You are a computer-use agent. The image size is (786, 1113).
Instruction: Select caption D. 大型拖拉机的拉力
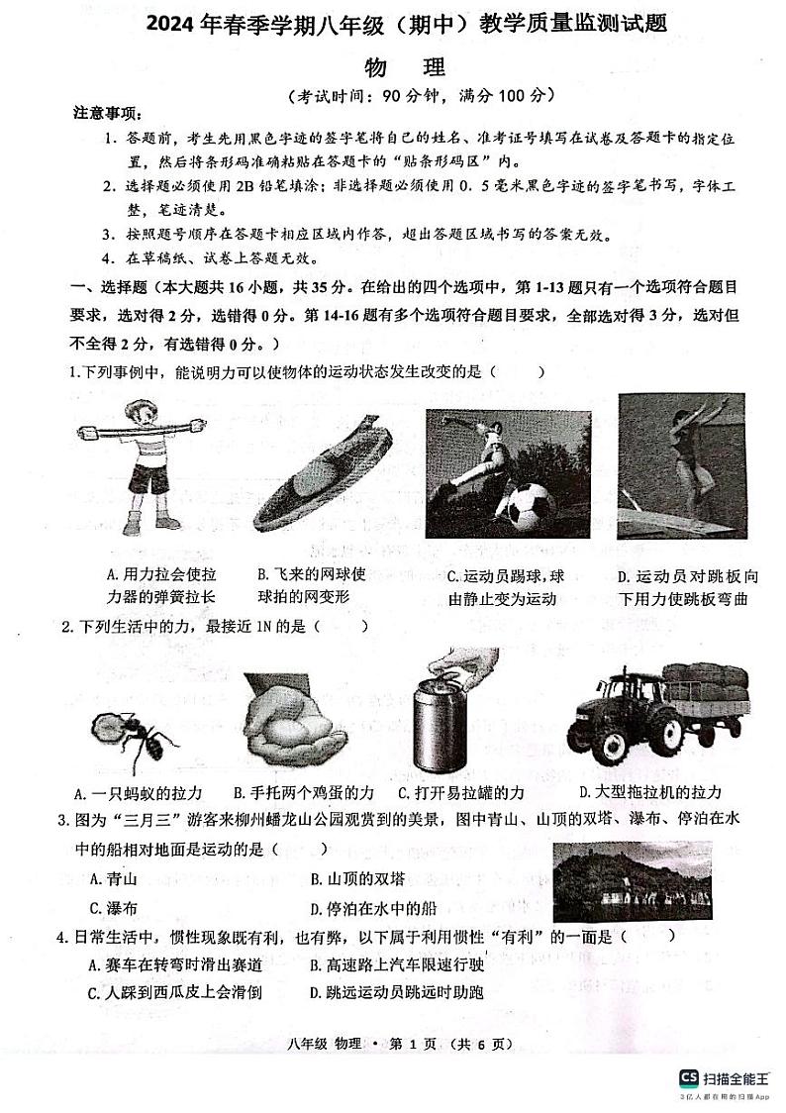(x=649, y=792)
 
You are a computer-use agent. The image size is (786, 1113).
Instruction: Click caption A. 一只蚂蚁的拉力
(x=139, y=793)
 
